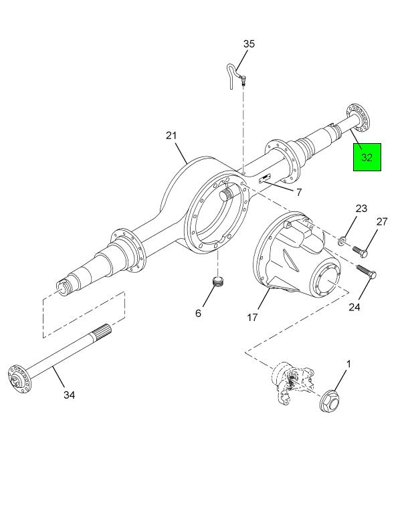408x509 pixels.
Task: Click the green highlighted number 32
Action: pos(367,157)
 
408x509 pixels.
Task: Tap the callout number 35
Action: pos(249,44)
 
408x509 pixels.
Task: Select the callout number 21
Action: pos(172,136)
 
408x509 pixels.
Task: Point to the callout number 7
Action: pos(299,193)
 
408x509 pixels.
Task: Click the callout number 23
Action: pos(361,209)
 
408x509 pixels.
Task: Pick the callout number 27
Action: pos(382,222)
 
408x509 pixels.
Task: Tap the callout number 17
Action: pos(252,318)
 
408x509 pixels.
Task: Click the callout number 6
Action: pos(198,312)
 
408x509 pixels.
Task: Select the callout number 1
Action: pos(348,364)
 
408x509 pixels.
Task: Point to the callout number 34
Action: pos(69,395)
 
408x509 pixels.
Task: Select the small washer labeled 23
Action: pos(342,241)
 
